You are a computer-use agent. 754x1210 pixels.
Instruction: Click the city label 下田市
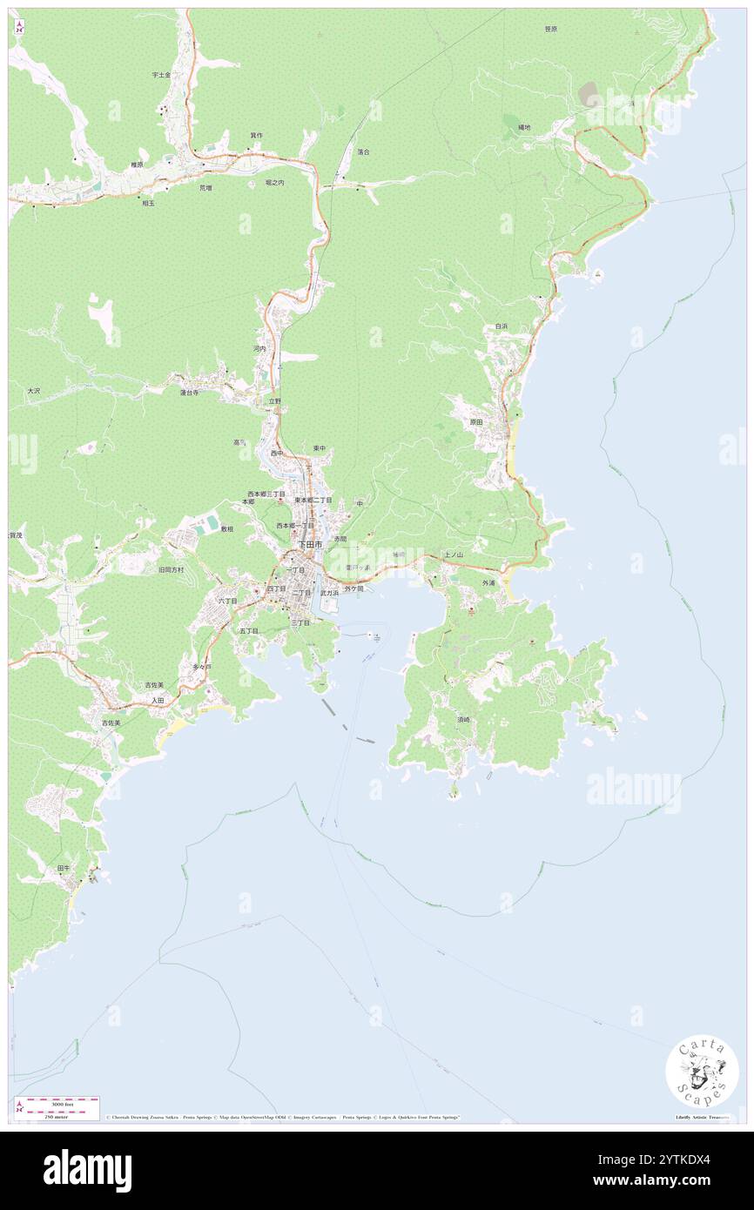pyautogui.click(x=309, y=544)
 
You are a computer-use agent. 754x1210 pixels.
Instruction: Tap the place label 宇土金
pyautogui.click(x=161, y=75)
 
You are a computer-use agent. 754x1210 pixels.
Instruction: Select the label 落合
pyautogui.click(x=363, y=151)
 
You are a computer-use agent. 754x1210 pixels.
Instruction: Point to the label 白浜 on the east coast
pyautogui.click(x=501, y=326)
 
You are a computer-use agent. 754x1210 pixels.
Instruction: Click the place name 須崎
pyautogui.click(x=462, y=720)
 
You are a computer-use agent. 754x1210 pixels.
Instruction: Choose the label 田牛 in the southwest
pyautogui.click(x=63, y=868)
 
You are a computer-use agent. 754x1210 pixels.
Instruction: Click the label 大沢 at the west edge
pyautogui.click(x=33, y=392)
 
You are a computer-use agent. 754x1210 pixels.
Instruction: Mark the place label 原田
pyautogui.click(x=475, y=421)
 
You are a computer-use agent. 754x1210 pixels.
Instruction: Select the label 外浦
pyautogui.click(x=488, y=582)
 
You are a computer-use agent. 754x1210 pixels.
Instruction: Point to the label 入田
pyautogui.click(x=157, y=700)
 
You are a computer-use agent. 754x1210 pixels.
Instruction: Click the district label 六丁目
pyautogui.click(x=226, y=601)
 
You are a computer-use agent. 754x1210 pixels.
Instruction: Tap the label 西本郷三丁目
pyautogui.click(x=266, y=493)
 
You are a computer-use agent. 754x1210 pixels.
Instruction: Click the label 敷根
pyautogui.click(x=226, y=528)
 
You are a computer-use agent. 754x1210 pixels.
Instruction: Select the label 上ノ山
pyautogui.click(x=453, y=555)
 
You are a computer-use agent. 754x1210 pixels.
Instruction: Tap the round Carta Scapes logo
pyautogui.click(x=702, y=1072)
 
